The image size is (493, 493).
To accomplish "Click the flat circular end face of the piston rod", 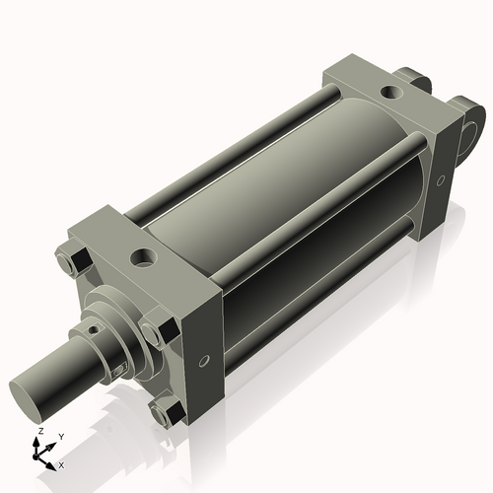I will pyautogui.click(x=29, y=396).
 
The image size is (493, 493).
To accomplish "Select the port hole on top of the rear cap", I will pyautogui.click(x=392, y=93).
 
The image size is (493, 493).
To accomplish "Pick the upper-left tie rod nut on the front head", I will pyautogui.click(x=75, y=262).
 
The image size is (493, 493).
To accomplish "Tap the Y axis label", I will pyautogui.click(x=60, y=436).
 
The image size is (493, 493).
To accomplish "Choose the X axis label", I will pyautogui.click(x=61, y=463).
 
